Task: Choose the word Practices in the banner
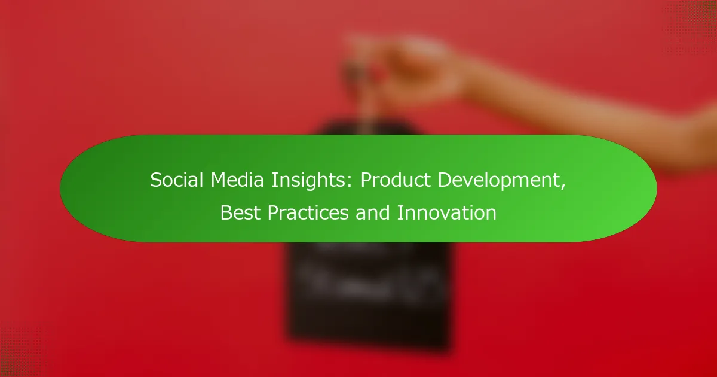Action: (x=308, y=212)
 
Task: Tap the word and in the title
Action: (x=372, y=212)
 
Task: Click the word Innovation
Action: (x=446, y=212)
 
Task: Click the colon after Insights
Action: (x=350, y=182)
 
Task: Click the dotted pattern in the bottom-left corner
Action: (x=21, y=351)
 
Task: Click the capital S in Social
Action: (x=155, y=180)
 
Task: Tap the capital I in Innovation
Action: (x=399, y=212)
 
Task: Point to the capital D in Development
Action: (x=445, y=180)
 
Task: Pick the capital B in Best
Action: (x=226, y=212)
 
